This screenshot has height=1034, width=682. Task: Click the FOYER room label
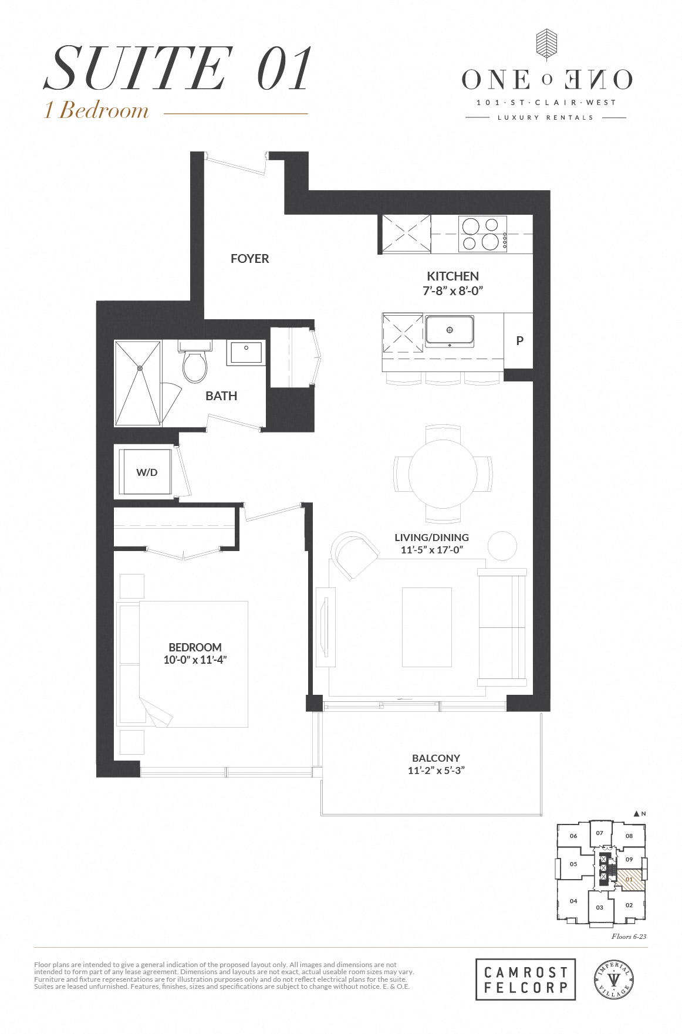click(x=249, y=259)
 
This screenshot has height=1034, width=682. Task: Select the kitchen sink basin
click(x=450, y=330)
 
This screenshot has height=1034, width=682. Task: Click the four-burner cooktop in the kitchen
click(x=482, y=234)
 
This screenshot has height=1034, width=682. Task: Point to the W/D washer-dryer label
click(x=147, y=472)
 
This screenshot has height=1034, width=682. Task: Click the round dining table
click(x=443, y=474)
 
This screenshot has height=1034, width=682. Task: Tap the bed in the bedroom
click(x=188, y=664)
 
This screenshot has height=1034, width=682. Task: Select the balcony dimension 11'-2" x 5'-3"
click(x=436, y=771)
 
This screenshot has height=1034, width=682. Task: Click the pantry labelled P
click(x=519, y=341)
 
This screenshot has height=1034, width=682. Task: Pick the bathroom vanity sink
click(x=247, y=352)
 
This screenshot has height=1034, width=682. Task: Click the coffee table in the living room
click(x=427, y=627)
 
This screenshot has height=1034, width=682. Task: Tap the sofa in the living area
click(x=502, y=627)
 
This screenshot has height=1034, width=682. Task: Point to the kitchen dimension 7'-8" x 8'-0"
click(x=453, y=291)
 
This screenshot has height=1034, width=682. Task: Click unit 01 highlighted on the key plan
click(x=629, y=880)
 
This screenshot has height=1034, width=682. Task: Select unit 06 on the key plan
click(x=573, y=836)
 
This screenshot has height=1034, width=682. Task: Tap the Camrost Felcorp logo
click(x=525, y=979)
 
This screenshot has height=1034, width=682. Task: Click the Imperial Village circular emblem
click(x=613, y=979)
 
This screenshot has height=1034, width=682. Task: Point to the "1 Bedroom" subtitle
click(x=97, y=110)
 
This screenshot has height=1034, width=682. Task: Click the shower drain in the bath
click(x=140, y=369)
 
